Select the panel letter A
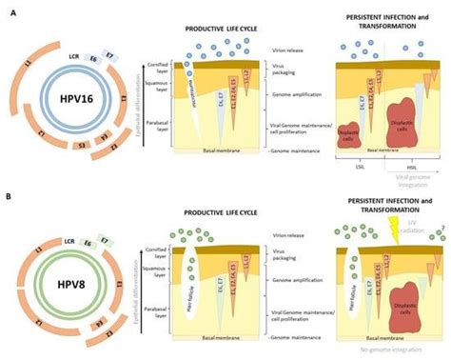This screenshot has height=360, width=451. tap(9, 7)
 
